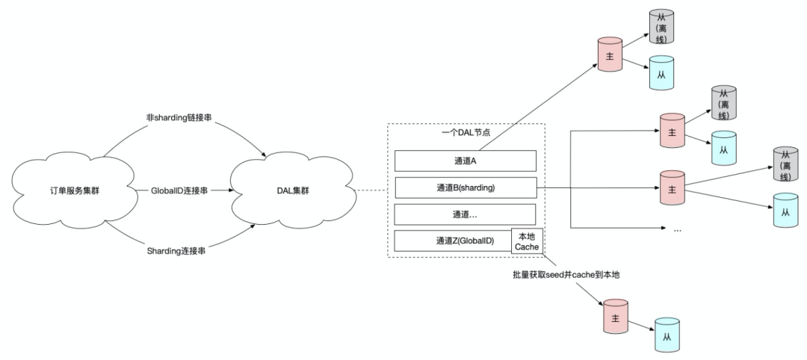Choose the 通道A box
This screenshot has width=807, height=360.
[465, 161]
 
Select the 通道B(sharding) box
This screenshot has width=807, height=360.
[465, 187]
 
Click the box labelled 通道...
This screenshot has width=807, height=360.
[465, 214]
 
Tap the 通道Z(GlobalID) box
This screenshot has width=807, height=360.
[454, 241]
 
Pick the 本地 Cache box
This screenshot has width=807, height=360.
[528, 240]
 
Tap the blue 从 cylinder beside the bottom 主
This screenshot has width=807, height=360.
[667, 334]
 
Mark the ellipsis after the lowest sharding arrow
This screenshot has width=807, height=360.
[678, 229]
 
